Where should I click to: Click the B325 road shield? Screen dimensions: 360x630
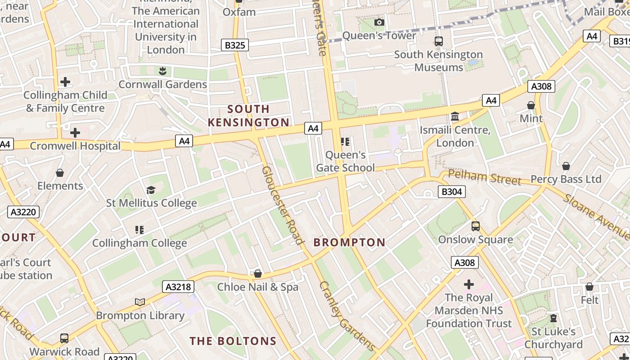pyautogui.click(x=234, y=45)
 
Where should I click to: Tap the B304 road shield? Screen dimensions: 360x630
pyautogui.click(x=451, y=192)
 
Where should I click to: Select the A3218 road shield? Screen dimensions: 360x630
pyautogui.click(x=178, y=287)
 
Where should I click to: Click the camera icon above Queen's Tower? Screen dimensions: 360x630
pyautogui.click(x=379, y=22)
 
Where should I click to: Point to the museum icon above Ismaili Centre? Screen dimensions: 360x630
pyautogui.click(x=455, y=117)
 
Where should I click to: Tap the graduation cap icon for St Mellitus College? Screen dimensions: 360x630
pyautogui.click(x=151, y=190)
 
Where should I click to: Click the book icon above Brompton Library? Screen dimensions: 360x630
pyautogui.click(x=140, y=302)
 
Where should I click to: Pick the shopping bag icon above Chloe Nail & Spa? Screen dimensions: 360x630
pyautogui.click(x=258, y=274)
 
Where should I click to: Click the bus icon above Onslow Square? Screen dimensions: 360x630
pyautogui.click(x=476, y=226)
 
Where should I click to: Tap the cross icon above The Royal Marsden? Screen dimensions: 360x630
pyautogui.click(x=469, y=284)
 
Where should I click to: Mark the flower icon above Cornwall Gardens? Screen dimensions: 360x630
pyautogui.click(x=162, y=71)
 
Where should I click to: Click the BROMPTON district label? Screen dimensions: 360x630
pyautogui.click(x=349, y=243)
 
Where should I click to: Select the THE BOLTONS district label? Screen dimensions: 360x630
pyautogui.click(x=233, y=341)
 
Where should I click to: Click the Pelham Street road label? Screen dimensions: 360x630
pyautogui.click(x=485, y=177)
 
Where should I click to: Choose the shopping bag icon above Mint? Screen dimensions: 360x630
pyautogui.click(x=531, y=105)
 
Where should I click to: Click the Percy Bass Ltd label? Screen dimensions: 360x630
pyautogui.click(x=566, y=179)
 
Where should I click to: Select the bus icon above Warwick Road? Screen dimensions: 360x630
pyautogui.click(x=64, y=338)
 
